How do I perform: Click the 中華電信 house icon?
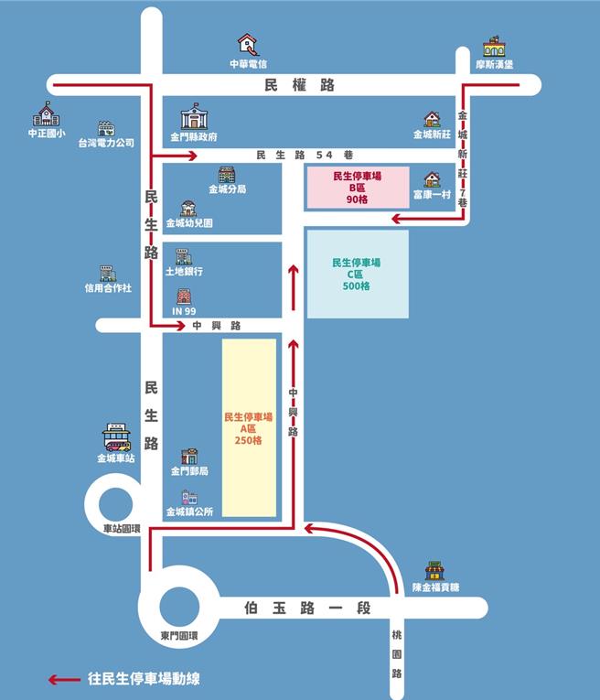[247, 43]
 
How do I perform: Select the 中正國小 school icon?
[47, 114]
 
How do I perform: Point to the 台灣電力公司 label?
[106, 144]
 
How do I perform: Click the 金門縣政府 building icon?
[194, 117]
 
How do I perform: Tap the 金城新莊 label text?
[432, 135]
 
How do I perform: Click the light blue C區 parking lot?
[357, 274]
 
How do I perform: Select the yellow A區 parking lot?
[250, 427]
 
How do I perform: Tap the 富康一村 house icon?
[432, 179]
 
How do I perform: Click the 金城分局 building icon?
[227, 175]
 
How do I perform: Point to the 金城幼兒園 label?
[189, 222]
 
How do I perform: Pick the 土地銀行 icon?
[184, 257]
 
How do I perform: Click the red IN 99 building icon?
[184, 296]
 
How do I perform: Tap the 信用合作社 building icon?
[107, 273]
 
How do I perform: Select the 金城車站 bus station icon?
[116, 437]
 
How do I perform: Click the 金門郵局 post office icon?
[189, 456]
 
